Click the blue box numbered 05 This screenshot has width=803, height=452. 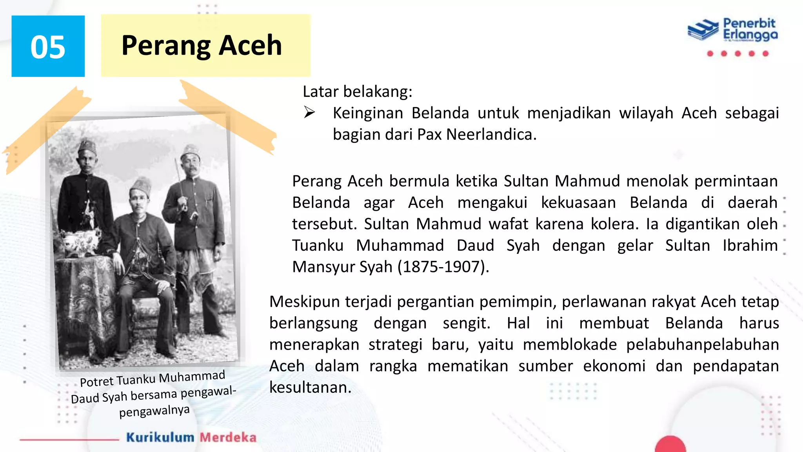pos(48,46)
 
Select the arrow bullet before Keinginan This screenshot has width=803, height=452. pos(309,113)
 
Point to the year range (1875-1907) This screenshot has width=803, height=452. pos(443,267)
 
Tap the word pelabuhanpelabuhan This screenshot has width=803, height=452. pos(702,344)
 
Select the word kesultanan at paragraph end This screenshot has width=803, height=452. pos(310,387)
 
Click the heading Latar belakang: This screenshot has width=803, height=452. pos(358,91)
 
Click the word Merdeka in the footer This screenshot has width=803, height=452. pos(228,437)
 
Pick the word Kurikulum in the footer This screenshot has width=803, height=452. pos(160,437)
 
